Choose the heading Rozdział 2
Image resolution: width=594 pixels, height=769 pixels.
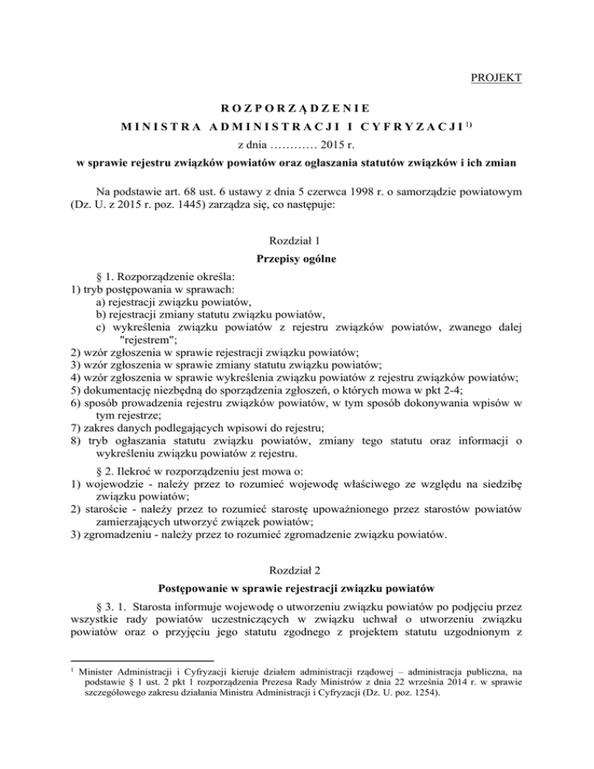point(297,544)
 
